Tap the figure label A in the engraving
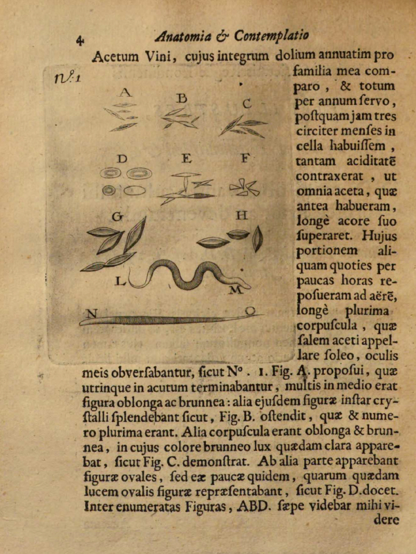point(125,91)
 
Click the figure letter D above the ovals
point(122,159)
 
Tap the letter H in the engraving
point(241,215)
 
